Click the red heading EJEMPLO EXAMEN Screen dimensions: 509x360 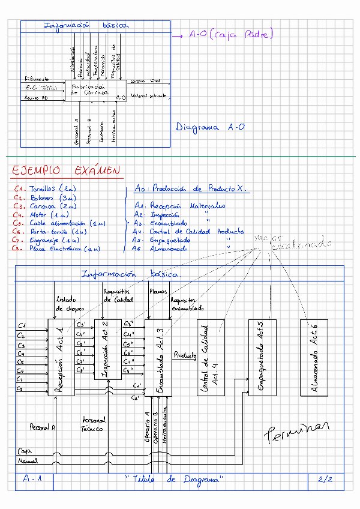(66, 170)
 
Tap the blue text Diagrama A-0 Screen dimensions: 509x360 (210, 127)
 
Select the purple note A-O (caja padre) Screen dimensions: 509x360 (231, 35)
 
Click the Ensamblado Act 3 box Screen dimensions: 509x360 (159, 357)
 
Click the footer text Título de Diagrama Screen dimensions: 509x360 (175, 479)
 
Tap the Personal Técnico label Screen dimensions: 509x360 (92, 424)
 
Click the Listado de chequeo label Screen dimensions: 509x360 (70, 304)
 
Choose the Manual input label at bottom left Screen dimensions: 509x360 (28, 461)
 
